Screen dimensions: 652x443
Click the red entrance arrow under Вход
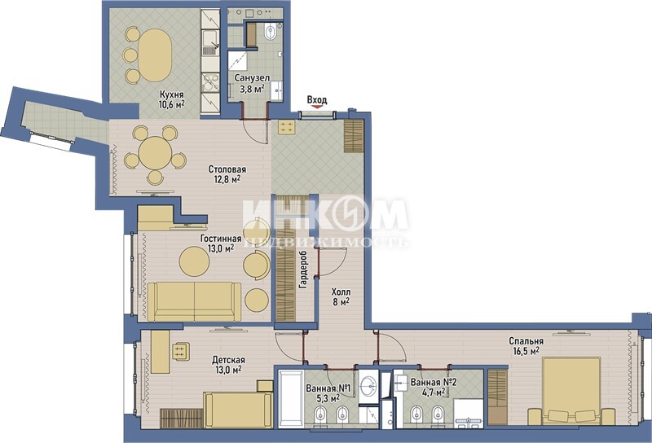coord(317,107)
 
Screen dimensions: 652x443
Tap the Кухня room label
coord(172,94)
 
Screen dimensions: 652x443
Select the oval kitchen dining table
coord(154,55)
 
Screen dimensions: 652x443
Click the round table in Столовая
coord(155,153)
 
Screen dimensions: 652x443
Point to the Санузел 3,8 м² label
coord(252,83)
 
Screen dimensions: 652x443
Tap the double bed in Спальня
coord(571,392)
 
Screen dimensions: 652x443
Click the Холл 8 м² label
coord(341,296)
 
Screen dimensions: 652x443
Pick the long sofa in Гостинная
coord(194,301)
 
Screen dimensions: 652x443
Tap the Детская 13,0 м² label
coord(228,365)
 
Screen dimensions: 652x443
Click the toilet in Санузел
coord(271,33)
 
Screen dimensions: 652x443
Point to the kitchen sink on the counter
coord(210,44)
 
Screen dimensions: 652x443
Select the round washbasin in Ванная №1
coord(368,387)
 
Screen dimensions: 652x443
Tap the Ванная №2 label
coord(434,381)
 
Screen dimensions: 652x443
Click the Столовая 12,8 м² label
coord(227,174)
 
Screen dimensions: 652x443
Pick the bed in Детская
coord(238,410)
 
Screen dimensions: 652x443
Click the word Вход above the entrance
coord(317,99)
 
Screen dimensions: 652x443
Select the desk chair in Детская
coord(181,351)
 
